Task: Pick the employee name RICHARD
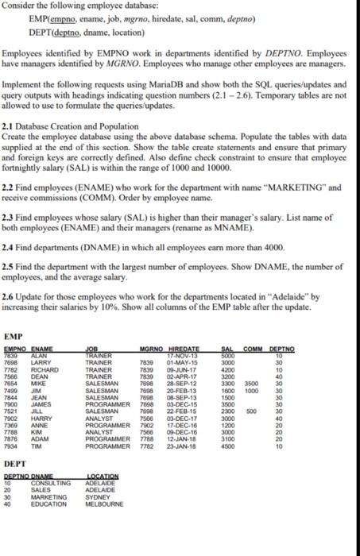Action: pos(43,391)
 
